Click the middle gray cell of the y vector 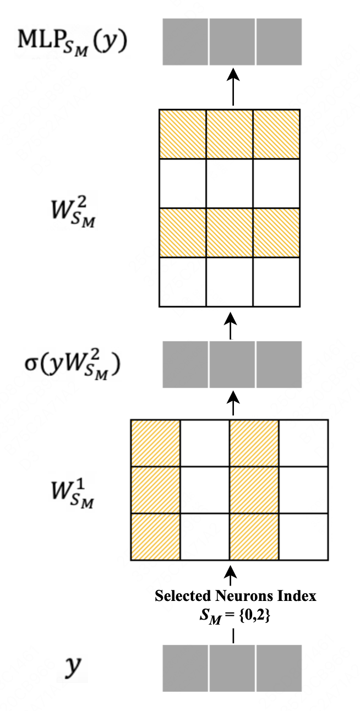coord(232,668)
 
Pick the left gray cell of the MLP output coord(185,41)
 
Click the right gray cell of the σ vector coord(279,364)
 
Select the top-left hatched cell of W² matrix coord(182,135)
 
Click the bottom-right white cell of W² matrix coord(277,281)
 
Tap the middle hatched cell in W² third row coord(230,232)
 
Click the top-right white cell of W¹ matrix coord(303,444)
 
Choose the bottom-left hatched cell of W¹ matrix coord(155,537)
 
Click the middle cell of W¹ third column coord(254,490)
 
